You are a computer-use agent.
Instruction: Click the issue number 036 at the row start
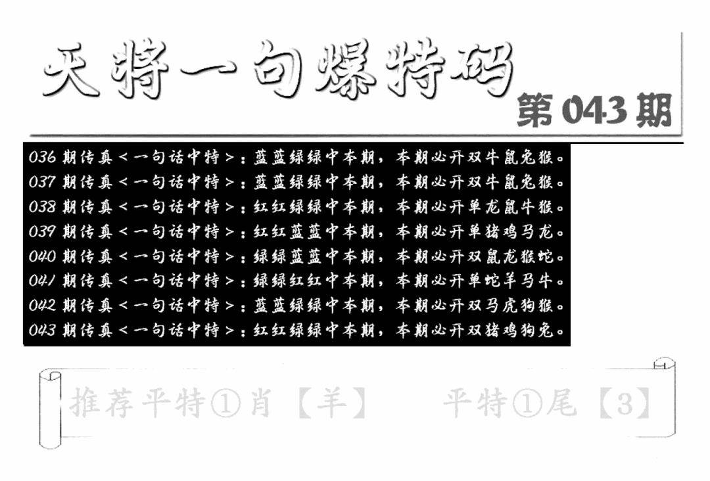coord(42,158)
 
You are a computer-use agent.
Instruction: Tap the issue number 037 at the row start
coord(42,182)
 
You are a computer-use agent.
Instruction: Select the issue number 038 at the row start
coord(42,207)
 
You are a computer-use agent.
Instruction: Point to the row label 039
coord(42,231)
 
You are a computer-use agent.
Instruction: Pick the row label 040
coord(42,256)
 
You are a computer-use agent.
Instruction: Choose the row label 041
coord(42,281)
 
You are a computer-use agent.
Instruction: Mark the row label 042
coord(42,306)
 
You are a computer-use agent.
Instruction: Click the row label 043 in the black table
coord(42,330)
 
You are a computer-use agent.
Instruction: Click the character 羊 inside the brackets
coord(333,403)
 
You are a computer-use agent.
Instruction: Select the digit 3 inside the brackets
coord(625,403)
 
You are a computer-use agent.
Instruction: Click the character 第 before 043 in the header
coord(536,110)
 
